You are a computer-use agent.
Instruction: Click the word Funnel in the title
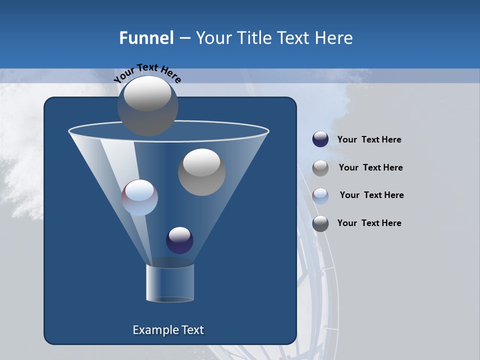(146, 38)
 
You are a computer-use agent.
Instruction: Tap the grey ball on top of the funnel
(147, 105)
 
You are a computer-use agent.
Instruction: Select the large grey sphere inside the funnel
(201, 172)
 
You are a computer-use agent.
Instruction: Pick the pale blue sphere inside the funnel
(139, 197)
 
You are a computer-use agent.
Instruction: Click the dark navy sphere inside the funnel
(179, 240)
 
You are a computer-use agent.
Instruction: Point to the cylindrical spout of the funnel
(170, 283)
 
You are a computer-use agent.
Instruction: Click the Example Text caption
(168, 330)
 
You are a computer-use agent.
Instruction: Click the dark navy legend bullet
(320, 139)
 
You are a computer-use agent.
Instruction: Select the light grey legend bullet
(320, 167)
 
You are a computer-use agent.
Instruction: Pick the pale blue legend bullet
(320, 195)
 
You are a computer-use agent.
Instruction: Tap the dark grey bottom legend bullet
(320, 223)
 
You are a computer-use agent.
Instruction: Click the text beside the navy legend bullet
(369, 139)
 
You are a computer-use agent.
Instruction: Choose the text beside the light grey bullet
(370, 167)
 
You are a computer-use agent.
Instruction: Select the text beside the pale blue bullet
(371, 195)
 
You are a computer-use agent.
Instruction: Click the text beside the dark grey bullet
(369, 223)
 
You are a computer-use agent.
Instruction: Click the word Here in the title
(334, 38)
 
